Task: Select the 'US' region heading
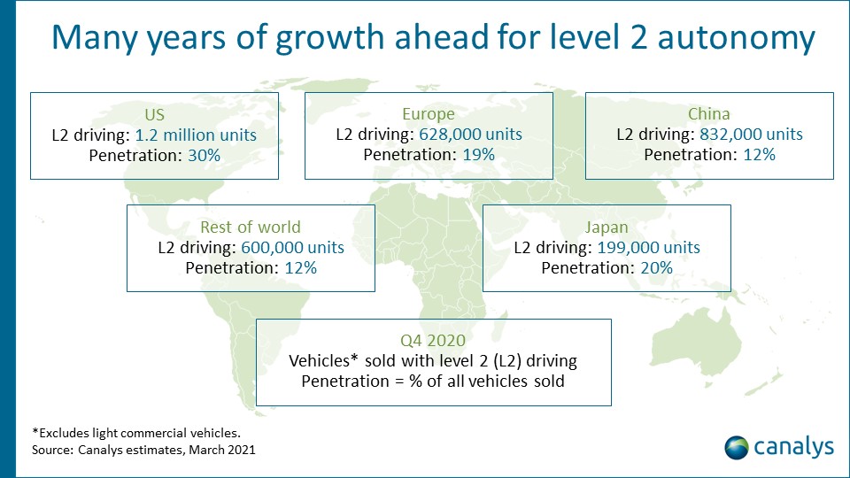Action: (x=154, y=115)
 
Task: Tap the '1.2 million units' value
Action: (x=196, y=135)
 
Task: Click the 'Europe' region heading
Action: (x=429, y=114)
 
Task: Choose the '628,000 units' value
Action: (x=470, y=135)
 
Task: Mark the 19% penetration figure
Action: (x=476, y=154)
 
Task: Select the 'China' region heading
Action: (x=709, y=114)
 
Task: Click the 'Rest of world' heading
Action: (x=251, y=227)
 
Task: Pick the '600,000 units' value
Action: (x=292, y=247)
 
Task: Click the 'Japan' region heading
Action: (x=607, y=227)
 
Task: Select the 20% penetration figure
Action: (x=654, y=266)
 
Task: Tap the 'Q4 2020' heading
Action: (x=433, y=341)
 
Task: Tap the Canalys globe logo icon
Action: (x=737, y=447)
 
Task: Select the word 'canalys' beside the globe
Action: (x=793, y=447)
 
